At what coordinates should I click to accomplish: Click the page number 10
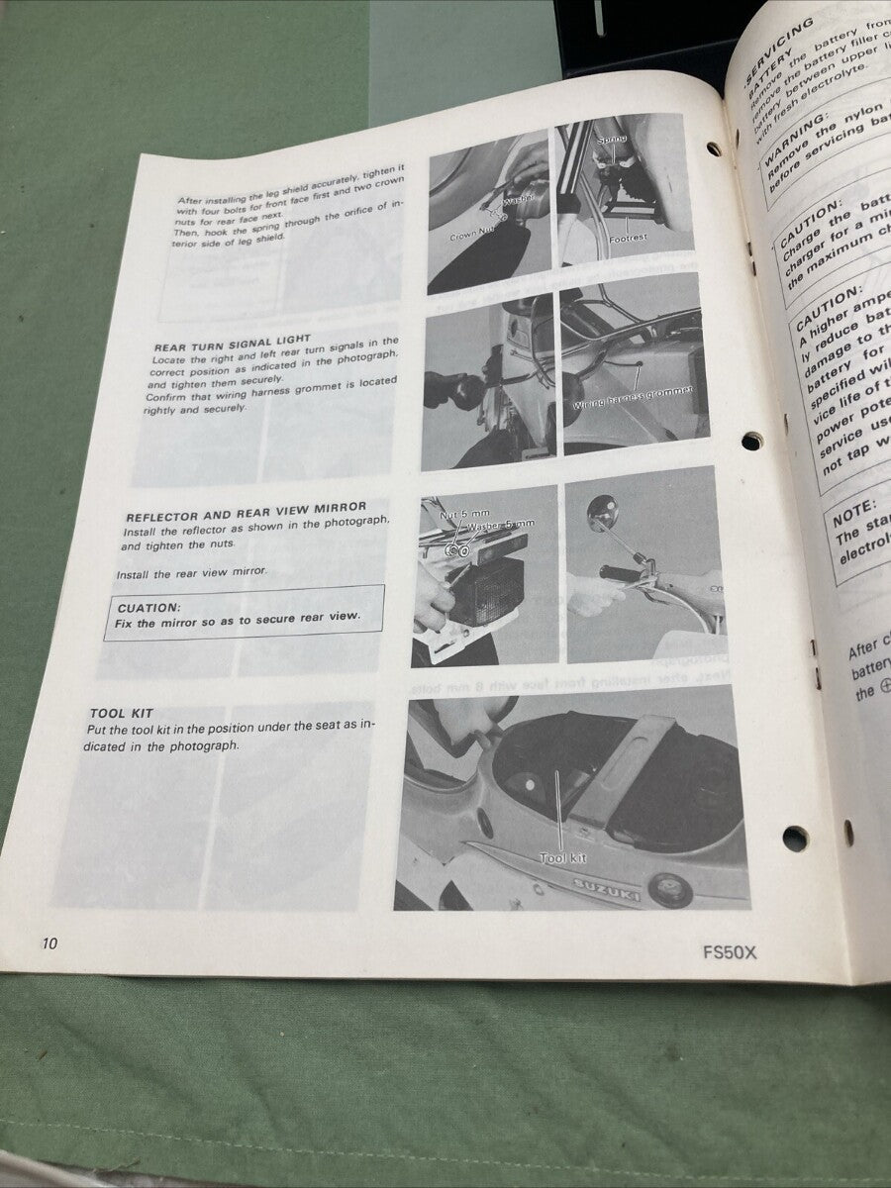pyautogui.click(x=49, y=943)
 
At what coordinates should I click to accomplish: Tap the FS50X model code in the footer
pyautogui.click(x=730, y=953)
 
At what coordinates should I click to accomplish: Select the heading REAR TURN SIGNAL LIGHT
pyautogui.click(x=233, y=339)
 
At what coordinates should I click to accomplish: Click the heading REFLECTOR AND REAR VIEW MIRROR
pyautogui.click(x=246, y=511)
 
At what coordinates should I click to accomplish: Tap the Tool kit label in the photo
pyautogui.click(x=562, y=858)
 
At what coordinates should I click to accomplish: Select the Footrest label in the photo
pyautogui.click(x=630, y=238)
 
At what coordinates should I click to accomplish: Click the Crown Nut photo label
pyautogui.click(x=471, y=237)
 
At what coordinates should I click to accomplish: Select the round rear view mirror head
pyautogui.click(x=601, y=512)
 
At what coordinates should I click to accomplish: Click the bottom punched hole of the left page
pyautogui.click(x=795, y=839)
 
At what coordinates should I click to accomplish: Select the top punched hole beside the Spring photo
pyautogui.click(x=714, y=148)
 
